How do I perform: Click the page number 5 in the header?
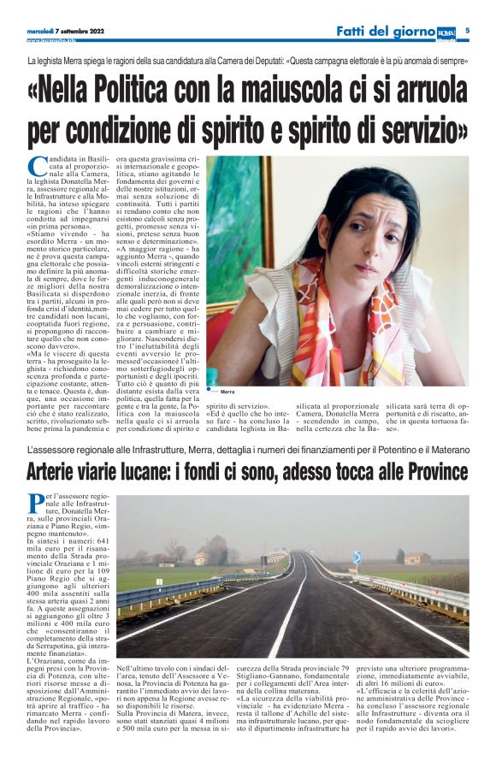point(480,31)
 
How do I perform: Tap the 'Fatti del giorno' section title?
point(385,32)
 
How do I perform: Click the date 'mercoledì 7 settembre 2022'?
point(68,32)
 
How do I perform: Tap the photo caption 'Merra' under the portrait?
point(227,392)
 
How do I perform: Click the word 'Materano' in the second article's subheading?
point(443,450)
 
